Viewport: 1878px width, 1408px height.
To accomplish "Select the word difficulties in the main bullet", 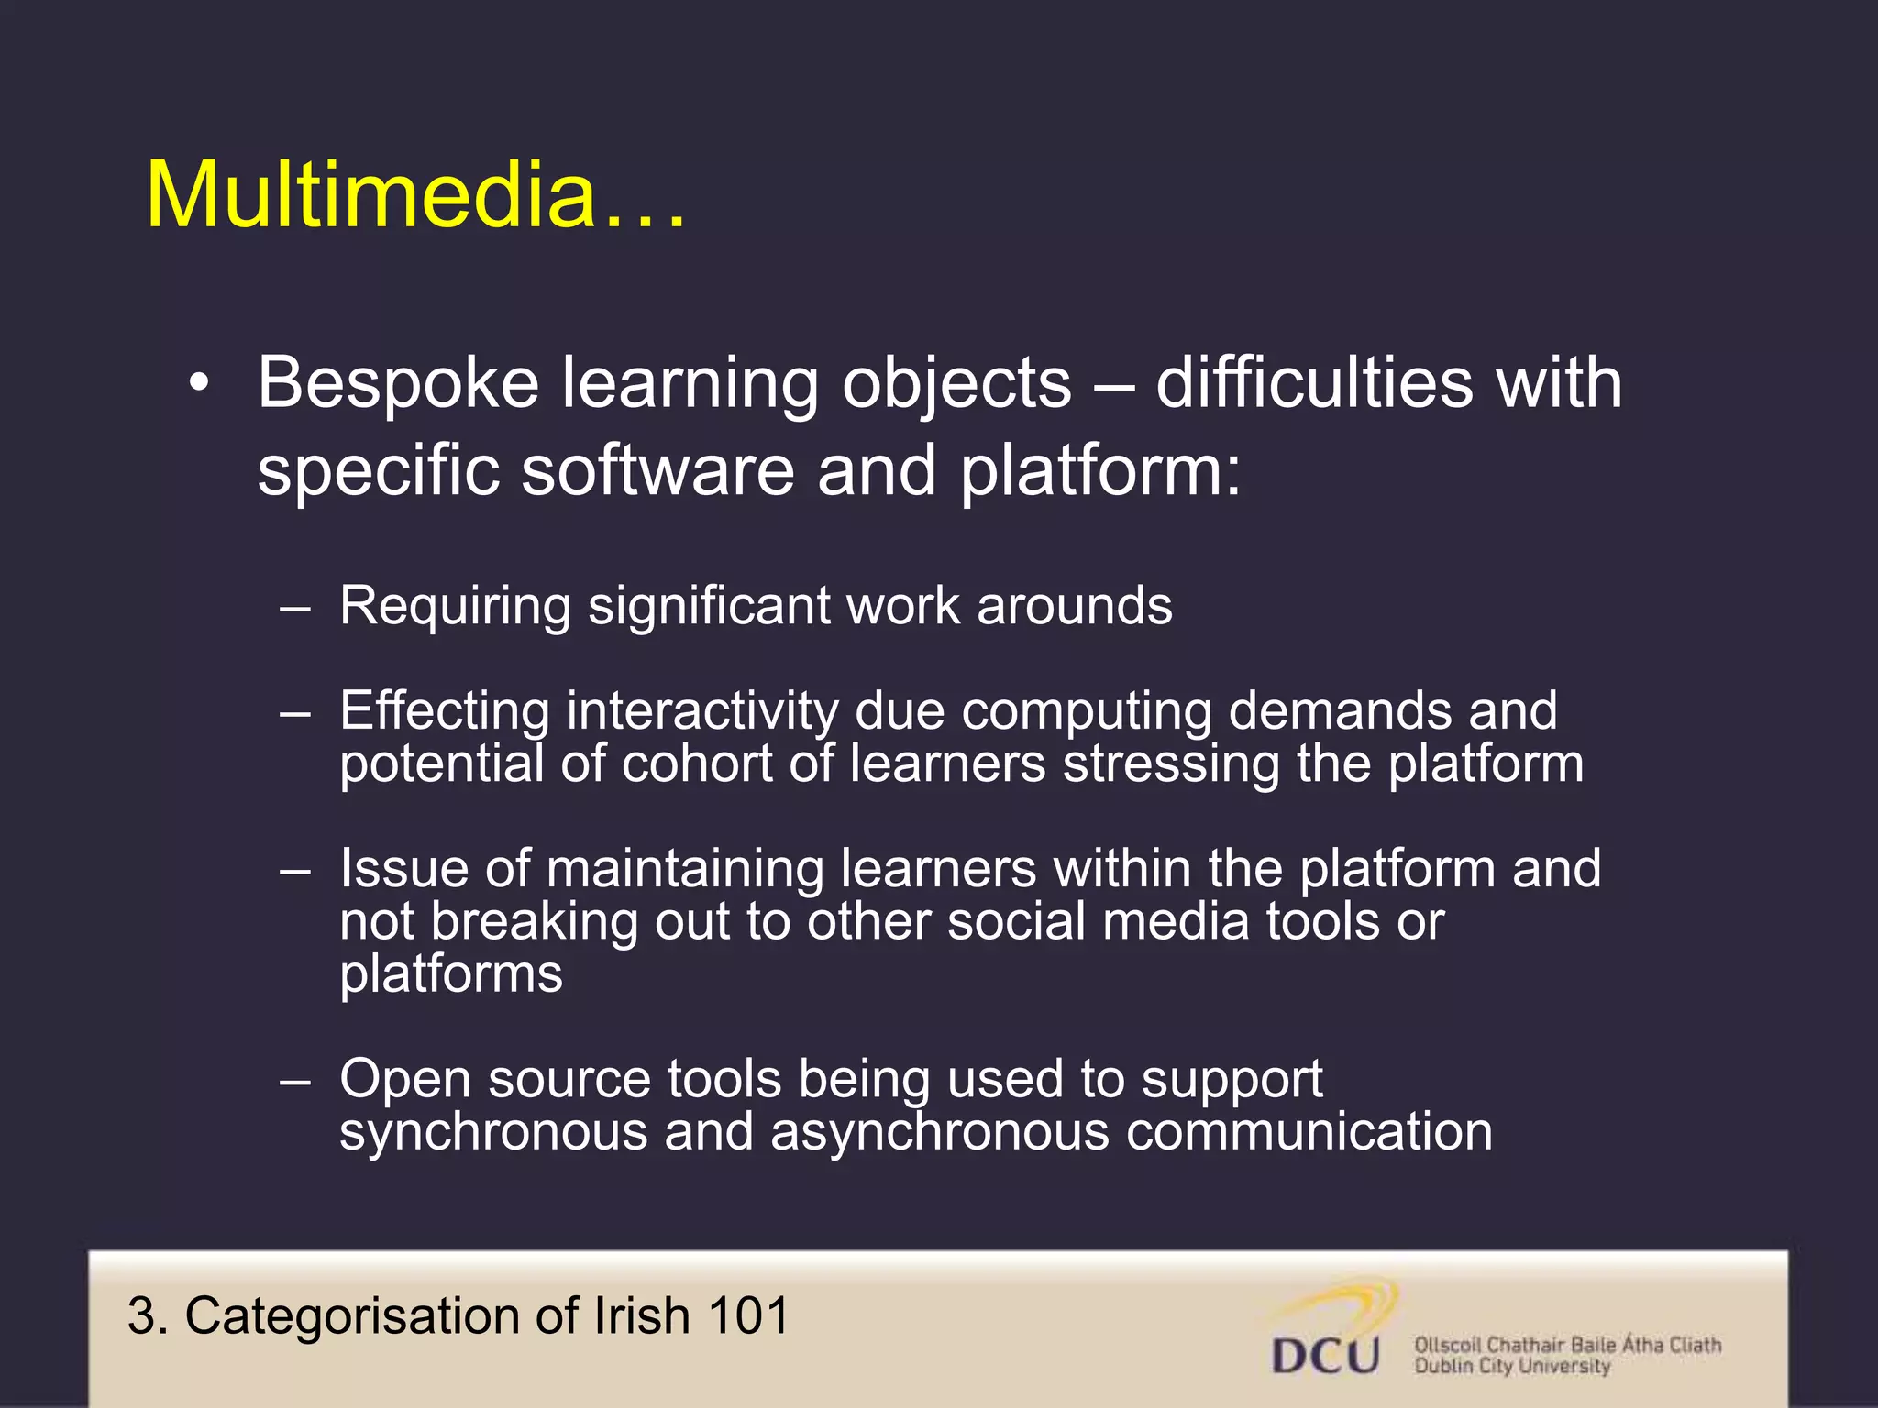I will click(1314, 382).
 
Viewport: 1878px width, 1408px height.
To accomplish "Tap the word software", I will click(657, 470).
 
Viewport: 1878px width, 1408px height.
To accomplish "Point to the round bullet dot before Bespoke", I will click(200, 383).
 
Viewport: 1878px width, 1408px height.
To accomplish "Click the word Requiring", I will click(455, 607).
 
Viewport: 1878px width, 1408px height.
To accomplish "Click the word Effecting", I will click(444, 710).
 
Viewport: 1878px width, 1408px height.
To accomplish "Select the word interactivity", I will click(701, 710).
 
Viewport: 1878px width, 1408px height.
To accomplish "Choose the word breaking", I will click(534, 921).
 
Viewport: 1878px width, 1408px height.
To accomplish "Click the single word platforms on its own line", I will click(451, 973).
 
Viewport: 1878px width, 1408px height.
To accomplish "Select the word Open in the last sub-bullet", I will click(404, 1080).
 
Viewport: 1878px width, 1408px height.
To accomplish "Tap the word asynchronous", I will click(940, 1132).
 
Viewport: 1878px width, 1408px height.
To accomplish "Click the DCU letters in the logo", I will click(1325, 1355).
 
